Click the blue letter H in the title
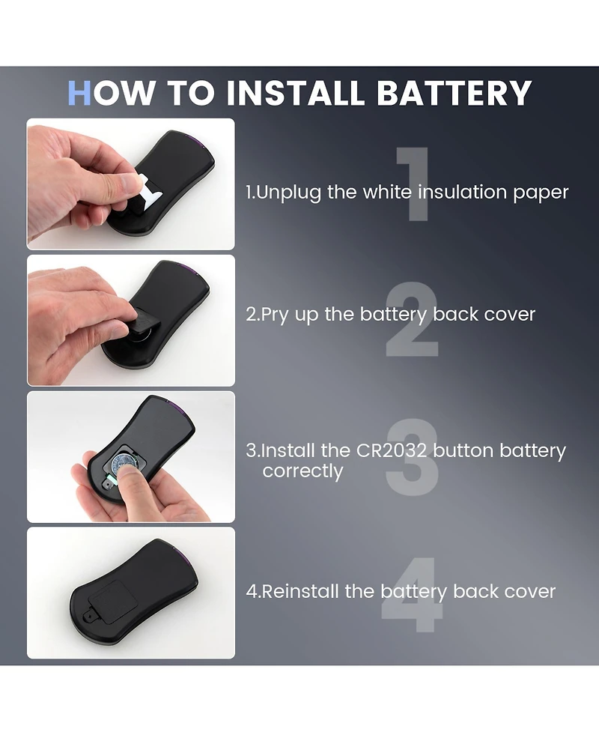pyautogui.click(x=79, y=93)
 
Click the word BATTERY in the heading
pyautogui.click(x=454, y=93)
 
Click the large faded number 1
pyautogui.click(x=413, y=184)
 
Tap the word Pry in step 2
pyautogui.click(x=275, y=315)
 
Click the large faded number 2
pyautogui.click(x=412, y=319)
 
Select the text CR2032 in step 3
pyautogui.click(x=392, y=450)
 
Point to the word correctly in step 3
pyautogui.click(x=302, y=471)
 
